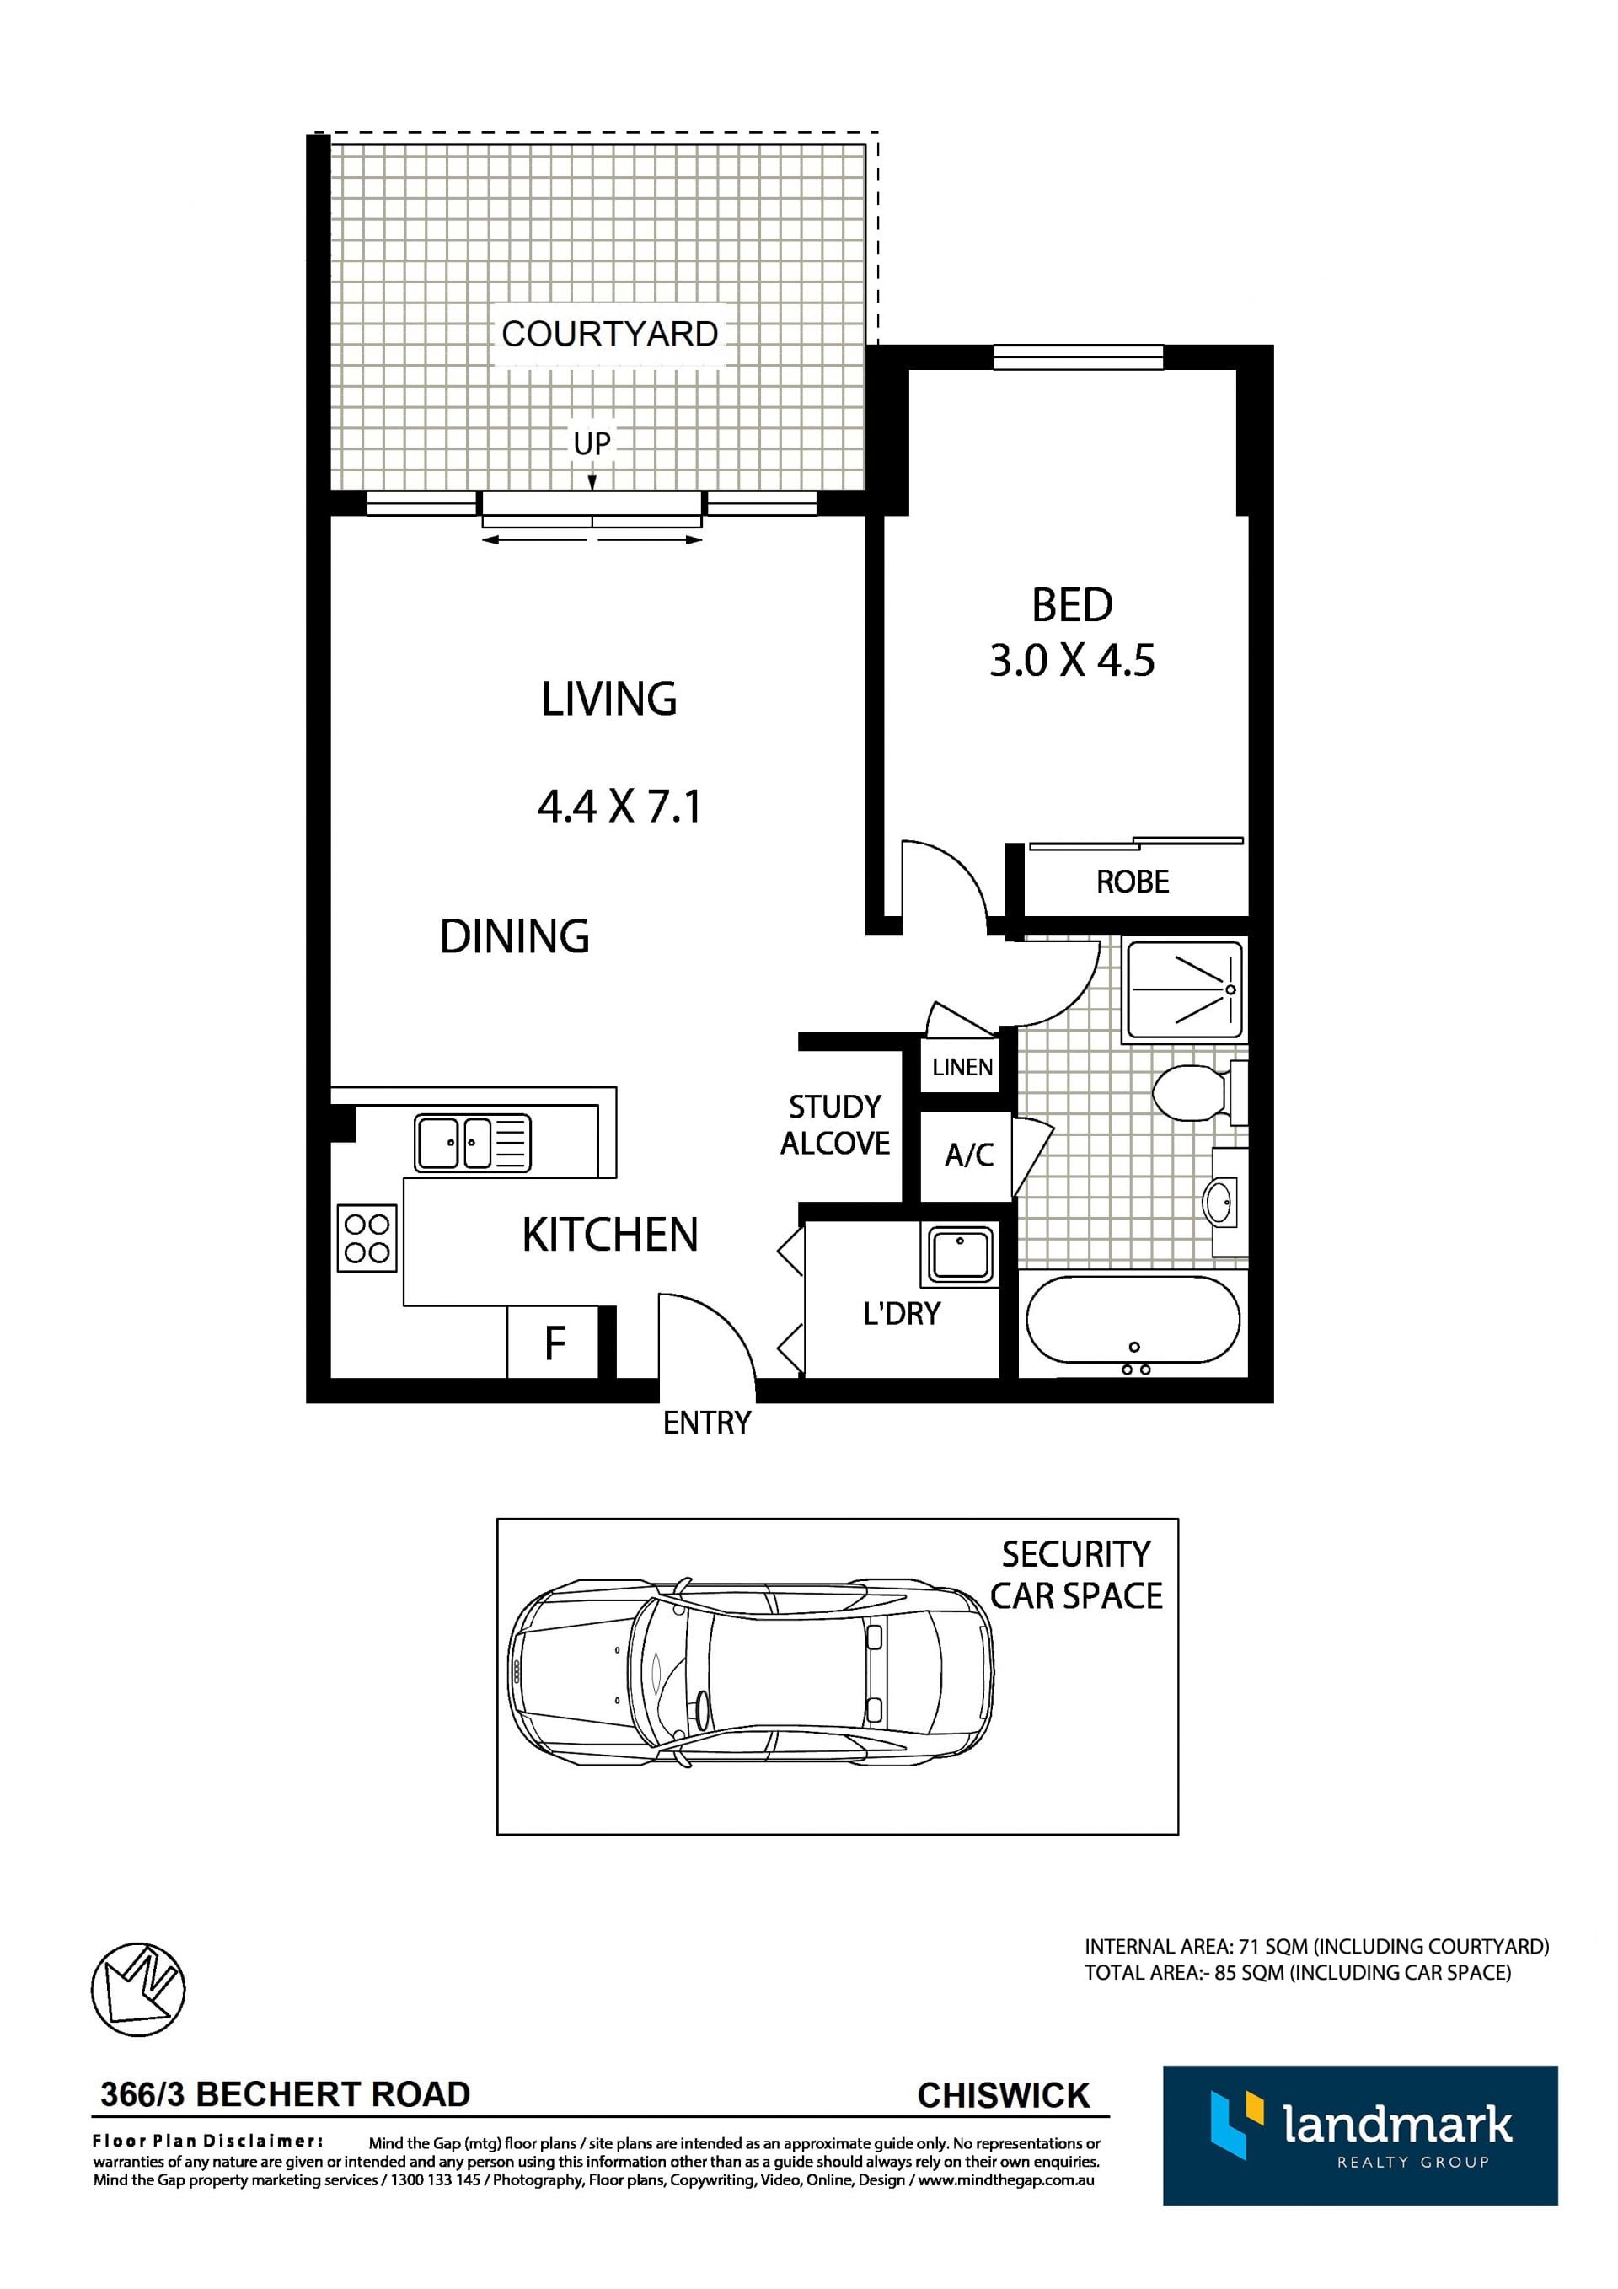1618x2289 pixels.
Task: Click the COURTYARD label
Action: click(x=609, y=334)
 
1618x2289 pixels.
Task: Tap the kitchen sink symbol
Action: click(x=473, y=1143)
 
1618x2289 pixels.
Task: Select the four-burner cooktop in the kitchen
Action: click(x=367, y=1238)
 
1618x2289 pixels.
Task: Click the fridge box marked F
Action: click(x=554, y=1342)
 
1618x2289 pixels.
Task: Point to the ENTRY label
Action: click(x=707, y=1423)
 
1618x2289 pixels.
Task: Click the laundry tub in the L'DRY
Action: click(x=960, y=1254)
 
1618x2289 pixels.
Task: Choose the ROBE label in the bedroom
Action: click(x=1133, y=882)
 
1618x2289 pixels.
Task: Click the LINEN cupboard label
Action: click(x=962, y=1067)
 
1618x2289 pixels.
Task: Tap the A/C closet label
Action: click(x=969, y=1155)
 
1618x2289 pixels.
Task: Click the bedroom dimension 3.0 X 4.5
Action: click(x=1072, y=660)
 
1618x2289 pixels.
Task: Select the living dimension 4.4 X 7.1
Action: click(x=619, y=806)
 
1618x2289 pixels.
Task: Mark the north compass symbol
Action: click(x=138, y=1990)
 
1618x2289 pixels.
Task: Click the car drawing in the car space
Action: click(x=750, y=1675)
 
